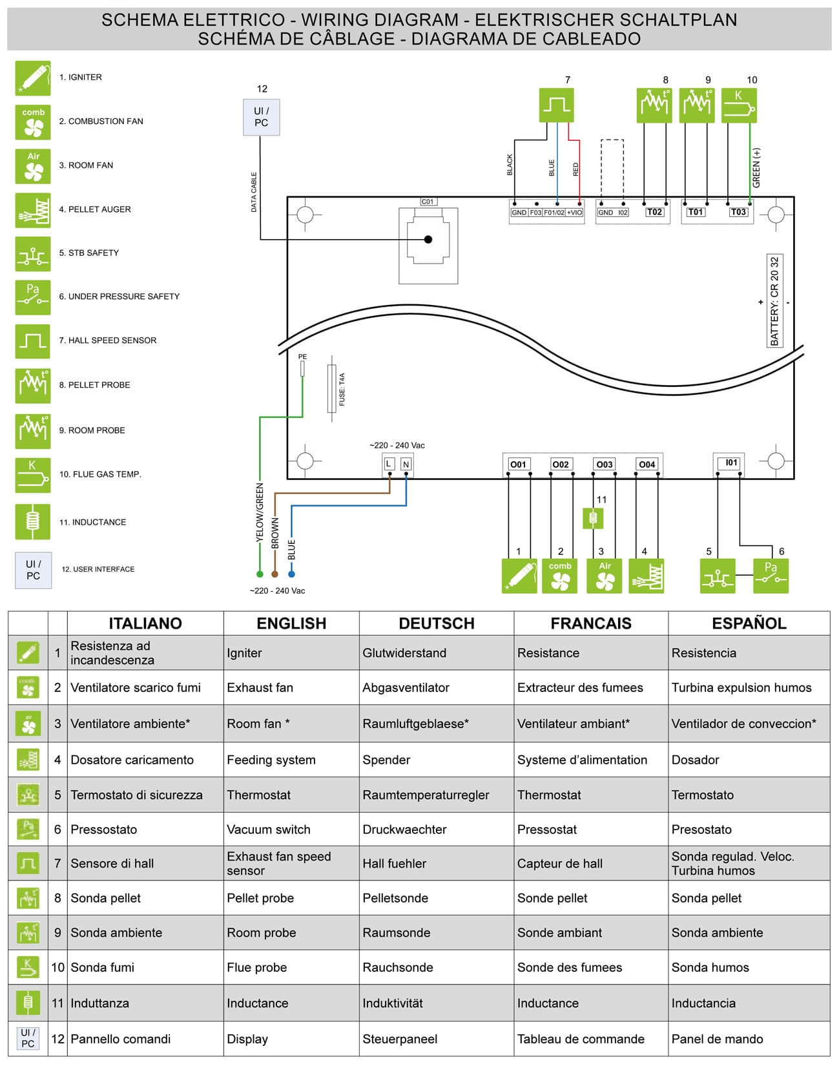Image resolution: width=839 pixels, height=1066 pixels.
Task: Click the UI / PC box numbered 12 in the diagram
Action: (261, 117)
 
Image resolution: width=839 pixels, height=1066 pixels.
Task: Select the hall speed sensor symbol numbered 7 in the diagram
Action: (556, 105)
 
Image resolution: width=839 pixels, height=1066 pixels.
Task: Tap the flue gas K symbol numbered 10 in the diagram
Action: (738, 105)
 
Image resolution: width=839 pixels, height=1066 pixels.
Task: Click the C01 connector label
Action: (428, 202)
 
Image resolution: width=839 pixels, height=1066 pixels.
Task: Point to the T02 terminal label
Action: (654, 212)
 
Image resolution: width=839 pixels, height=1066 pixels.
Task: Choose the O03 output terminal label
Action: (604, 465)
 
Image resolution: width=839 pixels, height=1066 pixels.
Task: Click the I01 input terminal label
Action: (731, 463)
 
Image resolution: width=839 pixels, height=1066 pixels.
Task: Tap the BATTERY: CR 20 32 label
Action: (774, 301)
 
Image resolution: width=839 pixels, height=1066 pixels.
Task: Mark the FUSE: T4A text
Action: (342, 389)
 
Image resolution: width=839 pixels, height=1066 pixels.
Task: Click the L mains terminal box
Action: (389, 464)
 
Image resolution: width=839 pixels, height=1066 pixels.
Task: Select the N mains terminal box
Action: (406, 464)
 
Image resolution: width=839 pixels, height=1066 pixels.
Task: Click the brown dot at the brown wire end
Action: (274, 574)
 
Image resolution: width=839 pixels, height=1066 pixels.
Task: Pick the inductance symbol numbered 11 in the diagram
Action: (593, 517)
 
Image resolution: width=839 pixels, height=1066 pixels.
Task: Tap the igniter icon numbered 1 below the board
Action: (519, 576)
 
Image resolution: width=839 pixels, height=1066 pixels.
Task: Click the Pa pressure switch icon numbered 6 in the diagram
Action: (771, 576)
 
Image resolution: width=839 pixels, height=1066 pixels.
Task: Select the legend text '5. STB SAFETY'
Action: (89, 253)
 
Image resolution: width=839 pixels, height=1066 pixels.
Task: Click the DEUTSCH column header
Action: (437, 623)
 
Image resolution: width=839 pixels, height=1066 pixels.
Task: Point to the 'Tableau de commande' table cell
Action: (581, 1039)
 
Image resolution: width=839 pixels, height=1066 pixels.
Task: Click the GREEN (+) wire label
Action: (756, 168)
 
